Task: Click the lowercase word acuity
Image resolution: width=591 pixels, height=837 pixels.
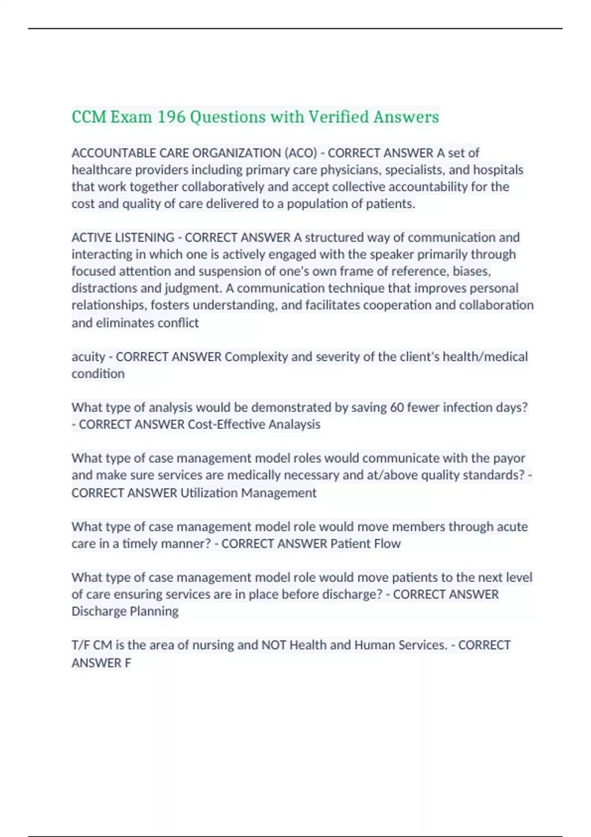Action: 88,357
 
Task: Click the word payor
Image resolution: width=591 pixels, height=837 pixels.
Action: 510,458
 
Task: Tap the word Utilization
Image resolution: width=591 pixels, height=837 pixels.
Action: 209,493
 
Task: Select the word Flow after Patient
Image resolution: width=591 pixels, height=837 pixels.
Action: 388,544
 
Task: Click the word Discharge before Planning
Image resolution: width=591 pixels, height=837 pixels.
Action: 98,612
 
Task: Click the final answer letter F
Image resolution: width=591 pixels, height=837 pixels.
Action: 128,663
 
